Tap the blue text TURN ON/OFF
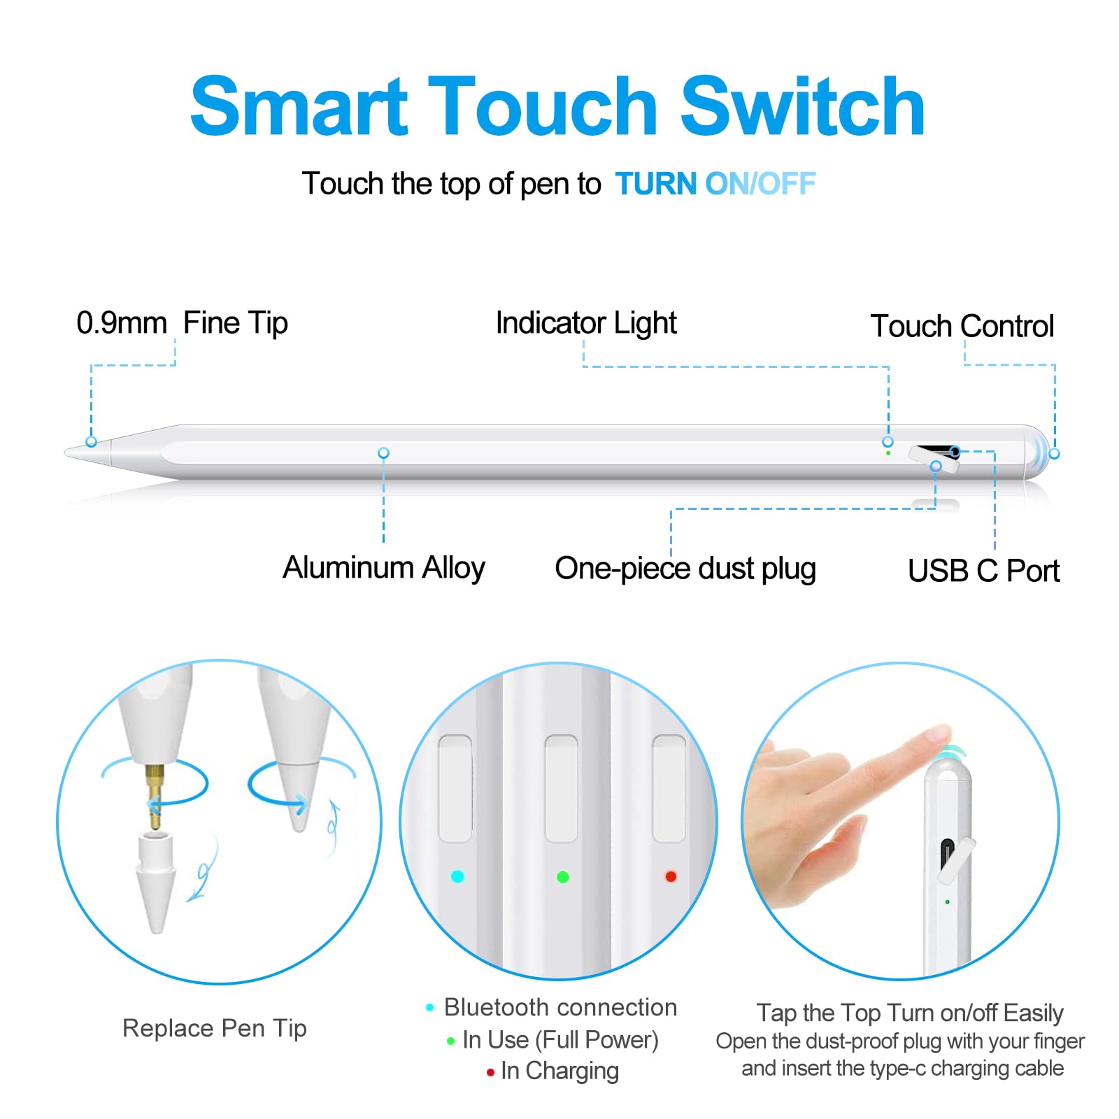pos(715,184)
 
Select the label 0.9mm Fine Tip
pos(182,323)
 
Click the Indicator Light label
pos(586,323)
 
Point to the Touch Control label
pos(962,326)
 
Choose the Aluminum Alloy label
pos(383,567)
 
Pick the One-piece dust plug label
pos(685,568)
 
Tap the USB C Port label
pos(983,571)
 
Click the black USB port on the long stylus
pos(934,449)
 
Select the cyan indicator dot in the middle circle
pos(457,876)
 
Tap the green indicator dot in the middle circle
pos(562,876)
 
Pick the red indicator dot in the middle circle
pos(671,876)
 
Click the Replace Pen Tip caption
pos(214,1028)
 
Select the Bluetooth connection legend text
pos(560,1007)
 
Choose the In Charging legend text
pos(559,1071)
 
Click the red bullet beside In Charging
pos(490,1072)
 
